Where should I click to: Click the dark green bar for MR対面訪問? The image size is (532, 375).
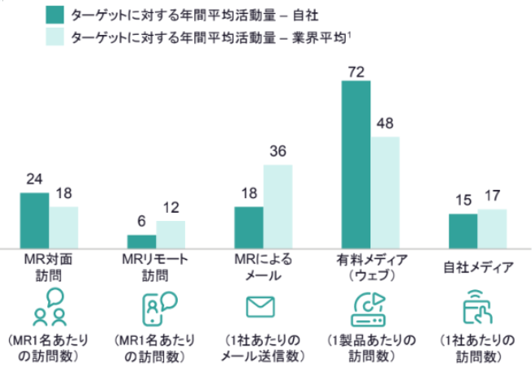(x=34, y=220)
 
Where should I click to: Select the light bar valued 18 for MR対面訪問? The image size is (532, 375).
(x=63, y=227)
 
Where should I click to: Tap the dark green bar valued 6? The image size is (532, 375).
(x=141, y=240)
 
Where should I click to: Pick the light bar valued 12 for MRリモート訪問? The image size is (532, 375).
(x=170, y=234)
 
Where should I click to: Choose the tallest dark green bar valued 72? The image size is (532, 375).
(x=356, y=163)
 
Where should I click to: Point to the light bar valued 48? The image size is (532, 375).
(x=384, y=192)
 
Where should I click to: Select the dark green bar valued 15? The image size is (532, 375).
(x=463, y=230)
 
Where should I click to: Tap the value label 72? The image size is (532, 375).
(x=356, y=72)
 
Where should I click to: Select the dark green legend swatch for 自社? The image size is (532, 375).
(x=55, y=15)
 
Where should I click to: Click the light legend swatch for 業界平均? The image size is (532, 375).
(x=55, y=37)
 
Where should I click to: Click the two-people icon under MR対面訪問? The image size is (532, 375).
(x=48, y=307)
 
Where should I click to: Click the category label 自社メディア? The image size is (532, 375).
(x=478, y=267)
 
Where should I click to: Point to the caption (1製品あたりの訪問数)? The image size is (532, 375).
(x=371, y=347)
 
